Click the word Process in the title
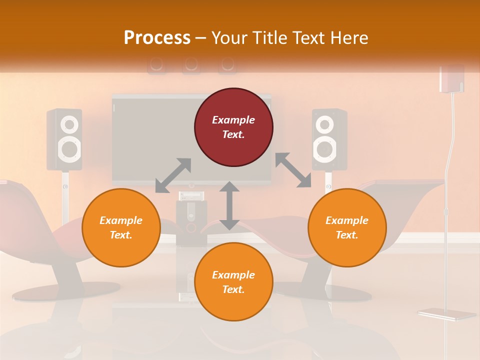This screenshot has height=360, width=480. (x=157, y=38)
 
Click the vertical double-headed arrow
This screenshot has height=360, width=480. (x=229, y=205)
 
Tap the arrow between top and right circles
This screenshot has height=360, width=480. (x=293, y=170)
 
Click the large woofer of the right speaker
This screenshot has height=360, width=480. (x=324, y=148)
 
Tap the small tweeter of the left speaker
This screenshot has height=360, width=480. (x=69, y=123)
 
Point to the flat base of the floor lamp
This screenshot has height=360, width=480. (x=446, y=314)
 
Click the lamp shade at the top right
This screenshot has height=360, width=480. (x=451, y=78)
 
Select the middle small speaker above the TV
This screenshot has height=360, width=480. (x=191, y=64)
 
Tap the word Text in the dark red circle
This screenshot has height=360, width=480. (x=233, y=134)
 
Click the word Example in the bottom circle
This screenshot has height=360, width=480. (x=233, y=275)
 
